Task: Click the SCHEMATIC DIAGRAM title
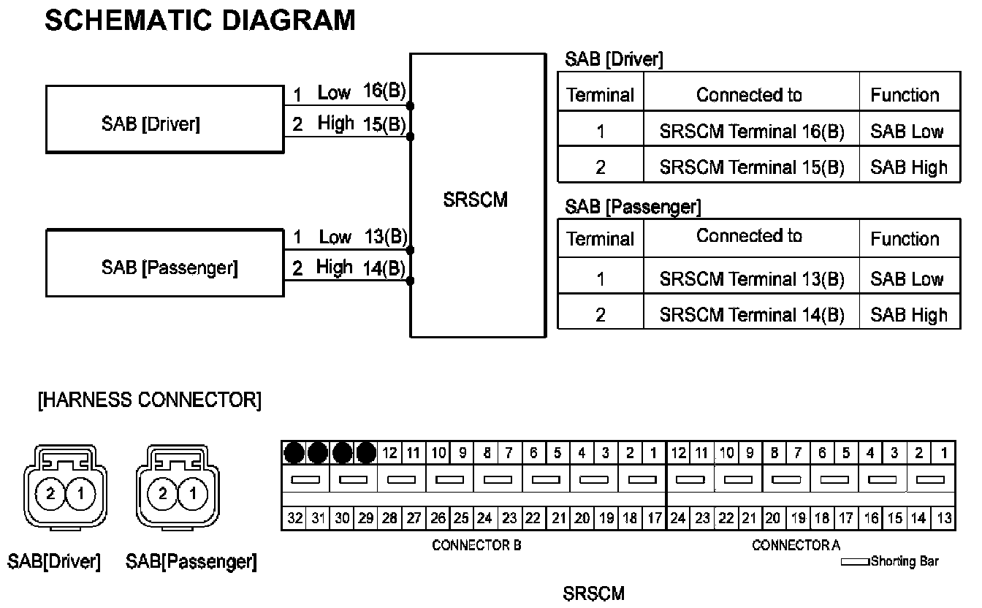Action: click(x=199, y=20)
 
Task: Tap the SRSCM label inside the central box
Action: click(x=475, y=200)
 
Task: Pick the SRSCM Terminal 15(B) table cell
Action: click(x=751, y=167)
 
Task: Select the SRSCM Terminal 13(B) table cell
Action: click(x=751, y=279)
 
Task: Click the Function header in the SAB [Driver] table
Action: click(x=905, y=95)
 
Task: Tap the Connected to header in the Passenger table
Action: click(x=749, y=237)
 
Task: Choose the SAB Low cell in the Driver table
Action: click(x=907, y=132)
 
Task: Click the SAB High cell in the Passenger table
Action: click(x=908, y=315)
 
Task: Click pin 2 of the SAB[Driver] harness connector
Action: click(x=50, y=494)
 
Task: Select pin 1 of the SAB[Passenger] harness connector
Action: click(x=193, y=494)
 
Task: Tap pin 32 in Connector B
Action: click(x=294, y=518)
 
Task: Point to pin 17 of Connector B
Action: click(x=653, y=518)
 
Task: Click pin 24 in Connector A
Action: click(x=678, y=518)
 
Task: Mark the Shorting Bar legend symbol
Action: click(x=855, y=562)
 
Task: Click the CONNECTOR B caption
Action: click(x=476, y=545)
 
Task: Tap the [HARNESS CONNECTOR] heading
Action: click(x=149, y=400)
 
